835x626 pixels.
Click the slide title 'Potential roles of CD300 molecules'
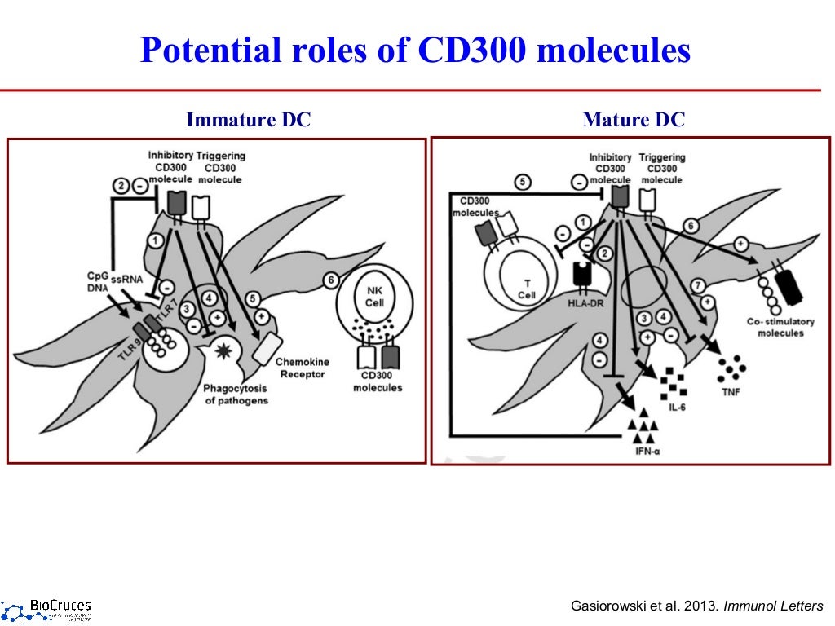point(416,51)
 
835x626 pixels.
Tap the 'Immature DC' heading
point(249,121)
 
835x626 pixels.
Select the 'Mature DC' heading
point(634,121)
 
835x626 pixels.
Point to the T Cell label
point(526,289)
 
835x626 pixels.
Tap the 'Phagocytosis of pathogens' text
point(236,395)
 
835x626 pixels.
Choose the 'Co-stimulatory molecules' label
point(775,327)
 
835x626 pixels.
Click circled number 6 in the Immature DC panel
point(331,280)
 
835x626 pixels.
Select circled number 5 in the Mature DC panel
point(524,181)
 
